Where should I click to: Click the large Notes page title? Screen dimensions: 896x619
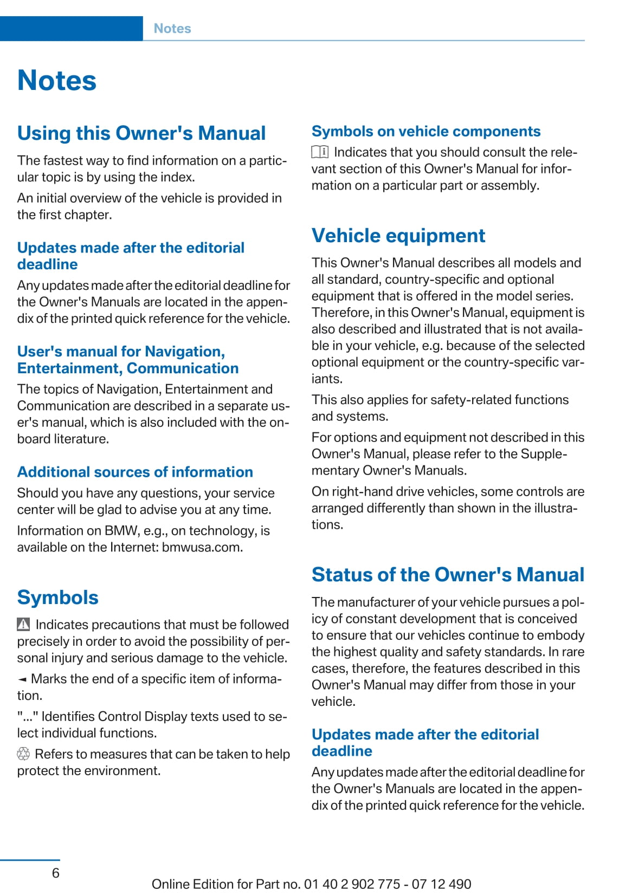point(57,81)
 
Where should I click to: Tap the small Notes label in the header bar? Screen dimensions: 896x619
point(172,29)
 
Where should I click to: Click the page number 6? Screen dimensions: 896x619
point(55,873)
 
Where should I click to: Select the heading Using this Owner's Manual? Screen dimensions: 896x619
point(141,133)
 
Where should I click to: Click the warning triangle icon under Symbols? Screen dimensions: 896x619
point(23,625)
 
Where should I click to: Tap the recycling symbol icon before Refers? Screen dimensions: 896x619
point(23,754)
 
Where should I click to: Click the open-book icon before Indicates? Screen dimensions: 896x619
point(320,152)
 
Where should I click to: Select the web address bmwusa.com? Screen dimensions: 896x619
point(202,547)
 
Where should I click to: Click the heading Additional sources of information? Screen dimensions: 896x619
point(135,472)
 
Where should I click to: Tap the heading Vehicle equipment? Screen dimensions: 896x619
point(398,236)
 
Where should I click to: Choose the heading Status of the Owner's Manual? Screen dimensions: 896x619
point(448,575)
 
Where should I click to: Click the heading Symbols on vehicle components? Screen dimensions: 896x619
point(426,132)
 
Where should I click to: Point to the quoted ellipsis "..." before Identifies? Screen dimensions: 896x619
point(27,716)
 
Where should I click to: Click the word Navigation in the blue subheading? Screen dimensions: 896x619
point(185,352)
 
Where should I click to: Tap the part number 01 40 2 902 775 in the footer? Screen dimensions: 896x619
point(352,884)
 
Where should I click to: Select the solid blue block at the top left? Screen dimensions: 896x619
point(71,29)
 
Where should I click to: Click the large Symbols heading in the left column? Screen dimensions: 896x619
point(58,598)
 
